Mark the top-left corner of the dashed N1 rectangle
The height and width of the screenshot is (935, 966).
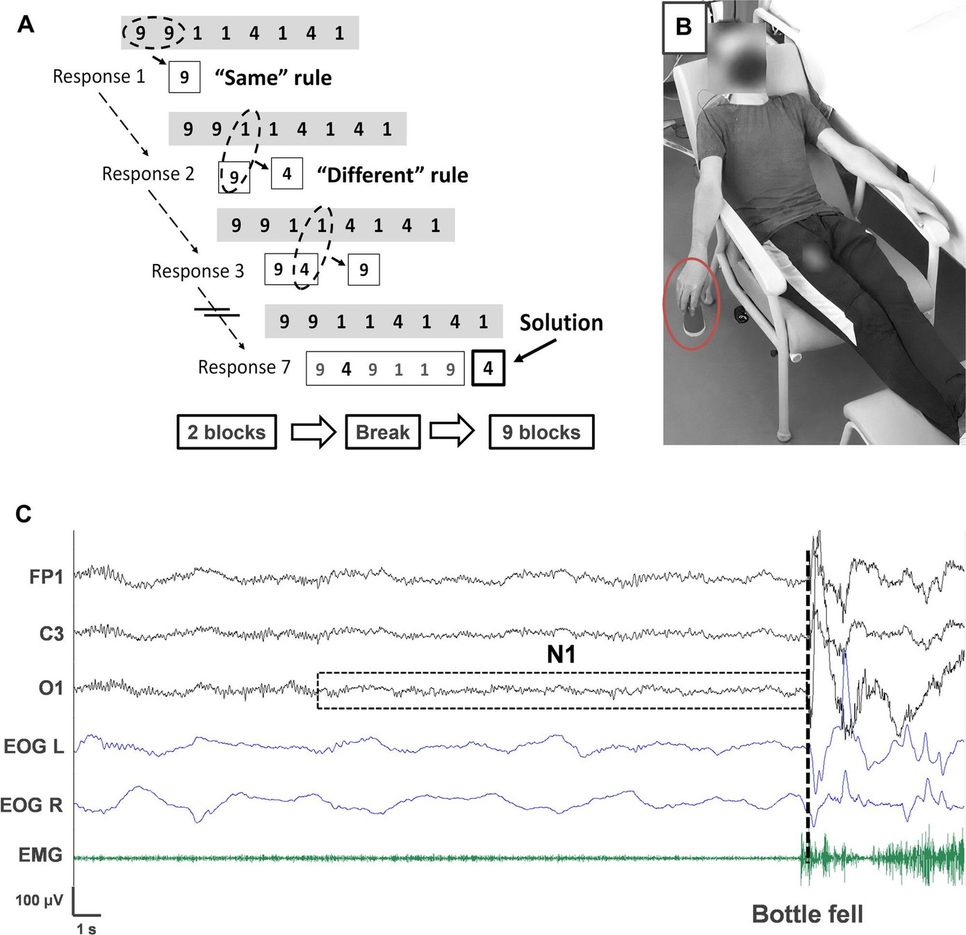tap(318, 673)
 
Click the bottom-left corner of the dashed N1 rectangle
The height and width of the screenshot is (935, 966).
tap(318, 709)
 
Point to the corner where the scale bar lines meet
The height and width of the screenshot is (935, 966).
tap(74, 915)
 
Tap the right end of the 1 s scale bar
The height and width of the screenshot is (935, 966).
tap(101, 915)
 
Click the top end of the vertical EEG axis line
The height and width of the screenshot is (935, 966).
tap(74, 531)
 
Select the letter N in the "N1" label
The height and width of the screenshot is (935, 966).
tap(555, 655)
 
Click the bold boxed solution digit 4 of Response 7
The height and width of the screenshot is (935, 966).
tap(489, 368)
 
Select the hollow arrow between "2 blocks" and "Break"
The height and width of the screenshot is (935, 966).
tap(313, 432)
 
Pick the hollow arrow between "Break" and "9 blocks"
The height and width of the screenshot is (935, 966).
tap(452, 432)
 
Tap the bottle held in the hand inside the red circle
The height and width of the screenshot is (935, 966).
tap(691, 322)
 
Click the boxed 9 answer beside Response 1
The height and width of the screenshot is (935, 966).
tap(184, 77)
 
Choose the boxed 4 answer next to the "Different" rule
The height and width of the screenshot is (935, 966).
tap(287, 174)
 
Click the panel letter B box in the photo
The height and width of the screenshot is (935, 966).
tap(684, 27)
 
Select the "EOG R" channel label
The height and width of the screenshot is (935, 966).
tap(32, 805)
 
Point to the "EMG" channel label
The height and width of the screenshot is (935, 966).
tap(41, 854)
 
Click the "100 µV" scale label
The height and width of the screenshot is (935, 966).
tap(39, 900)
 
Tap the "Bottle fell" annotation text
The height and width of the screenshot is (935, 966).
tap(808, 914)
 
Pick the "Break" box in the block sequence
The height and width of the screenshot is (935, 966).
tap(383, 432)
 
